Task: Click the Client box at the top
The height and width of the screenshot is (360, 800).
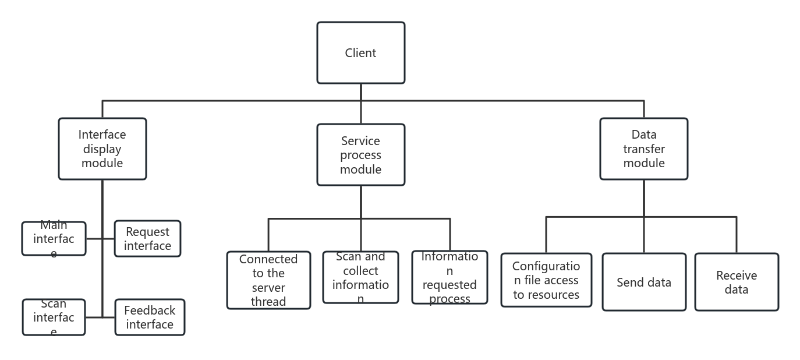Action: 360,53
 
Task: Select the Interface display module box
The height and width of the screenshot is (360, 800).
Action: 102,149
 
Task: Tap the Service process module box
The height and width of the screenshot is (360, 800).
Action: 360,155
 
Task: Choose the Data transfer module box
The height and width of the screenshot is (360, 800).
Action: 643,149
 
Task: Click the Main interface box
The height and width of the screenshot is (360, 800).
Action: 54,239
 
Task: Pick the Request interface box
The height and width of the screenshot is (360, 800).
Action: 147,239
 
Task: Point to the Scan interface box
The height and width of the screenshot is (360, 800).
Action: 54,317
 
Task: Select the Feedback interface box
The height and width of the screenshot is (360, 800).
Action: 150,317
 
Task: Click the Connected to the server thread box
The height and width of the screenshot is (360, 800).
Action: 268,280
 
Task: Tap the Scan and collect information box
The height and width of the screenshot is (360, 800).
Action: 360,277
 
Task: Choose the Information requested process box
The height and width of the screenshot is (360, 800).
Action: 449,277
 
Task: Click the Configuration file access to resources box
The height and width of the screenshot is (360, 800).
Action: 546,280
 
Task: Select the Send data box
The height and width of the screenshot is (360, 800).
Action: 644,283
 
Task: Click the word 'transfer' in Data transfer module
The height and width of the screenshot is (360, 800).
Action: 644,149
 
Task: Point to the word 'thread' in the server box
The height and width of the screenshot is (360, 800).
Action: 268,302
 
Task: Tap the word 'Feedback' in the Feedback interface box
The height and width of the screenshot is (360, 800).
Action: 150,310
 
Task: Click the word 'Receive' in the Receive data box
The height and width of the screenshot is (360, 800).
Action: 737,276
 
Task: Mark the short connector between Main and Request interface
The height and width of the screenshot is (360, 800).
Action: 94,239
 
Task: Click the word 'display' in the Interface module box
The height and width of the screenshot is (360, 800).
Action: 102,149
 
